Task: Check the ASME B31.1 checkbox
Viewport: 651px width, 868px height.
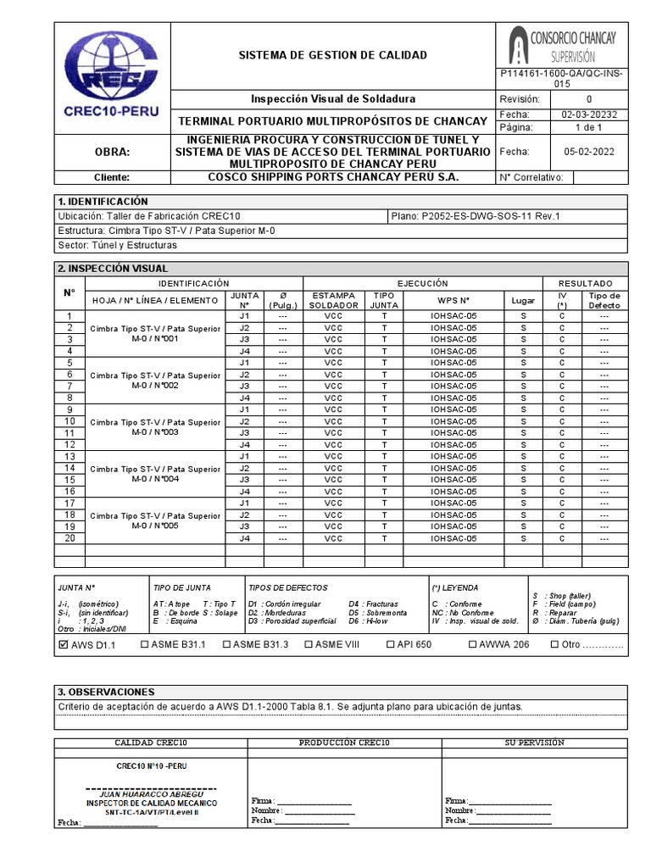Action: tap(144, 644)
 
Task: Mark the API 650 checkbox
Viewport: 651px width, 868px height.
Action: tap(391, 644)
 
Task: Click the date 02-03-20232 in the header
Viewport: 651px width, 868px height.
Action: tap(588, 114)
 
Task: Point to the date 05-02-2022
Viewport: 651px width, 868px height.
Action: tap(588, 152)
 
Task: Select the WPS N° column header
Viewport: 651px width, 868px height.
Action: tap(453, 300)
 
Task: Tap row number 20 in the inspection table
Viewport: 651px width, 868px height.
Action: tap(70, 538)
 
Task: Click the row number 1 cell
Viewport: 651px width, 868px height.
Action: tap(70, 316)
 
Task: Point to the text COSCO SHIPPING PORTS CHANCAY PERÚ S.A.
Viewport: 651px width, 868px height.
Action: tap(333, 177)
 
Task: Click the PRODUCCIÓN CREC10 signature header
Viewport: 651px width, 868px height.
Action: tap(343, 743)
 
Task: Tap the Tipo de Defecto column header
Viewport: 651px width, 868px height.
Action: tap(604, 300)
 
